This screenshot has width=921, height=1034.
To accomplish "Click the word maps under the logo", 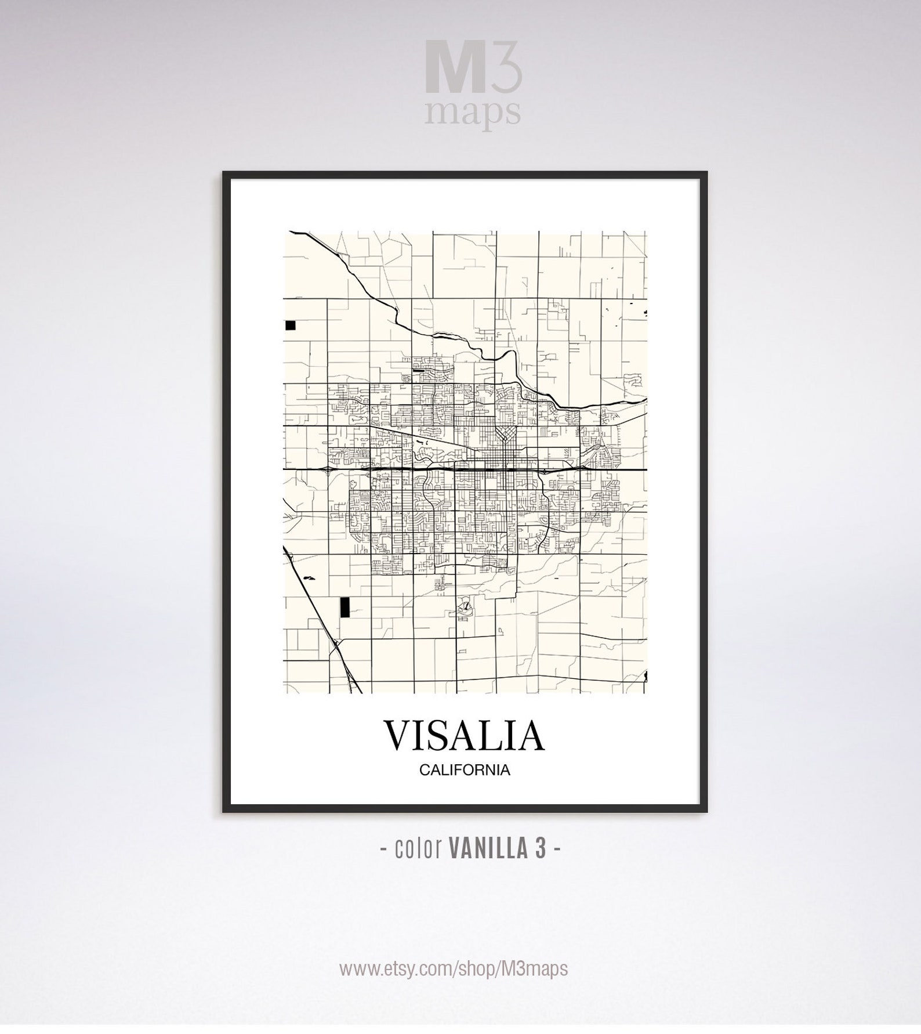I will pos(472,113).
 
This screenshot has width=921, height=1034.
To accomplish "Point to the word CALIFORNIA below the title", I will pos(465,771).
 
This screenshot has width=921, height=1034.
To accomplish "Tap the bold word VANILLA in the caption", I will pos(485,849).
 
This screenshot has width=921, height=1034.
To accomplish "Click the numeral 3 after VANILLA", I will pos(540,849).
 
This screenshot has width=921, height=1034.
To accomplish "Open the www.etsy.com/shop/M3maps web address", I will pos(454,968).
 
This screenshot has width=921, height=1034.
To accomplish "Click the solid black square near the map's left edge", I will pos(290,325).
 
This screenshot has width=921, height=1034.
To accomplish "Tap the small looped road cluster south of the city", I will pos(465,608).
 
